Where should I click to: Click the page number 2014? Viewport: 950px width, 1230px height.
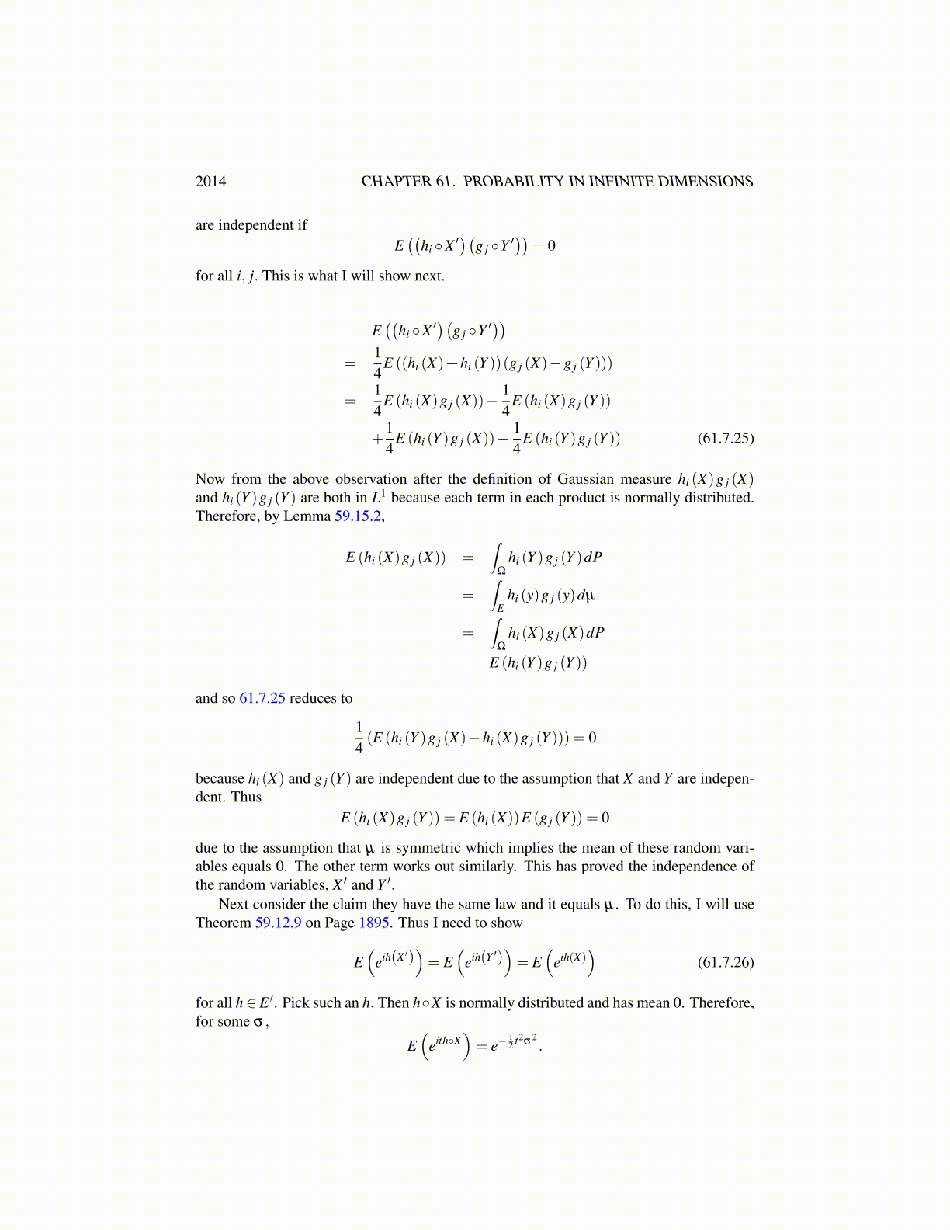tap(210, 182)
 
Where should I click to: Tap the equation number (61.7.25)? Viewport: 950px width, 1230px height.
tap(726, 438)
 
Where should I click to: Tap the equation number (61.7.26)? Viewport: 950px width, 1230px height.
tap(726, 963)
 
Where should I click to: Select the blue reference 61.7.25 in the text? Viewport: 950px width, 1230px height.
tap(262, 698)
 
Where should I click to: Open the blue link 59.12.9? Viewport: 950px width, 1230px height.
tap(278, 923)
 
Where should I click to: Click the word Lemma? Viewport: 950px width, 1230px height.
tap(309, 516)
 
